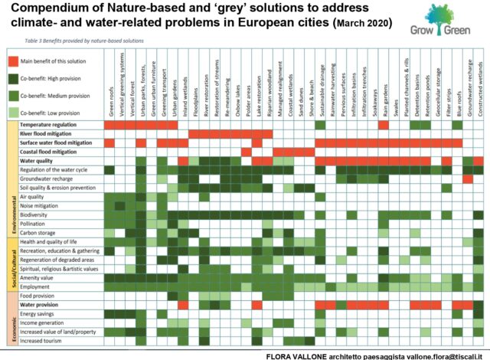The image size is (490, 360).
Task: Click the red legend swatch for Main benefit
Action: pos(13,61)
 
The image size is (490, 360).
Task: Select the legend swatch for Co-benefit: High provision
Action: pos(13,77)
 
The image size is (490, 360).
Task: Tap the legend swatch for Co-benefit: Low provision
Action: pos(13,112)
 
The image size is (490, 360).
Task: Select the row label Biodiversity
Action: pos(36,215)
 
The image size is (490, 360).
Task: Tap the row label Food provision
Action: pos(38,295)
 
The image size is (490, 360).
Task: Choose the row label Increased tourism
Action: pos(43,340)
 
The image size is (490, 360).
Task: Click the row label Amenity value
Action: pos(38,277)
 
